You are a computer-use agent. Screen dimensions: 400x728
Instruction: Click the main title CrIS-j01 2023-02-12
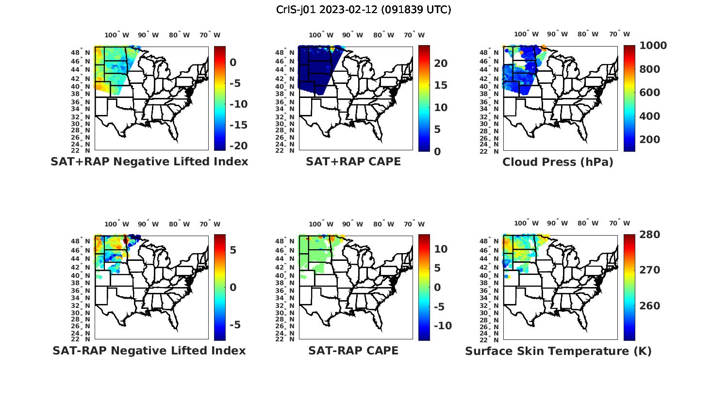(364, 10)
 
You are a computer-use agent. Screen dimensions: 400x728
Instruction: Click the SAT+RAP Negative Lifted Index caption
(149, 161)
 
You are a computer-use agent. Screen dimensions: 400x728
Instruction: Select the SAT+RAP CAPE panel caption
(353, 161)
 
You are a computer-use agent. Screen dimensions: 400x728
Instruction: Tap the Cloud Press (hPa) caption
(558, 162)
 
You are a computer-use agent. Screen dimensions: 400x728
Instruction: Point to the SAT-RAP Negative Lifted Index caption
(149, 351)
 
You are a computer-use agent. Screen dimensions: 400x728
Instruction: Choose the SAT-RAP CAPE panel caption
(353, 351)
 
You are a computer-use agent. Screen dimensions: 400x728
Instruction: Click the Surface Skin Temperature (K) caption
(558, 351)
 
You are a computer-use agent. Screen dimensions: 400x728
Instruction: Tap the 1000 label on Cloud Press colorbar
(653, 46)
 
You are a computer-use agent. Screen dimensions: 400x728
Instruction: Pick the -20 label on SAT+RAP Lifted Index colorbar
(238, 146)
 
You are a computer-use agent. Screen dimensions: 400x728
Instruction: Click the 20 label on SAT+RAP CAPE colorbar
(440, 64)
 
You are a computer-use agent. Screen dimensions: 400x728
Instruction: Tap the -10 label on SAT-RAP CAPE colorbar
(442, 326)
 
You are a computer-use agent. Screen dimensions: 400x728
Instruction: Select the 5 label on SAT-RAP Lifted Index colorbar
(232, 250)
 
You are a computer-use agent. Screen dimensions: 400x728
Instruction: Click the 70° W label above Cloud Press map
(620, 34)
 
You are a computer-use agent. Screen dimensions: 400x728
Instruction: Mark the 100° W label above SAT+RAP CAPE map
(321, 35)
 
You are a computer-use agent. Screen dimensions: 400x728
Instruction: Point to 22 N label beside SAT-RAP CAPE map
(285, 339)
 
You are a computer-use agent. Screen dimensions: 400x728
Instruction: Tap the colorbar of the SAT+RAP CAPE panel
(424, 98)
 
